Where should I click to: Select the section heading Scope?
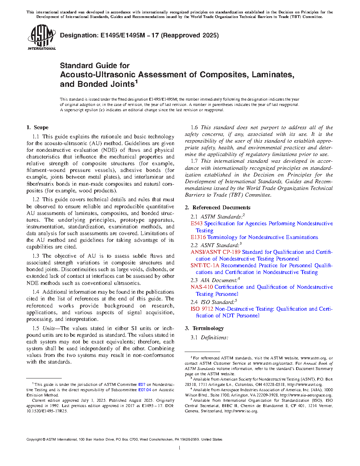coord(41,127)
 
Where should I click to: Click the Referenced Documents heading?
coord(221,208)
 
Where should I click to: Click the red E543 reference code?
coord(197,223)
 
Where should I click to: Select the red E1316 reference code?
coord(198,237)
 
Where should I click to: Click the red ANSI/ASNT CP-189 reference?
coord(215,252)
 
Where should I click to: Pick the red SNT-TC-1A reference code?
coord(205,265)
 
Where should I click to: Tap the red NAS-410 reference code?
coord(202,287)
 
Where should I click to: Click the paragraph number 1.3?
coord(36,256)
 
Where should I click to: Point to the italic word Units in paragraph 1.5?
coord(49,328)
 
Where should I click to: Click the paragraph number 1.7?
coord(194,161)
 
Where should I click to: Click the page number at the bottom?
coord(180,448)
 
